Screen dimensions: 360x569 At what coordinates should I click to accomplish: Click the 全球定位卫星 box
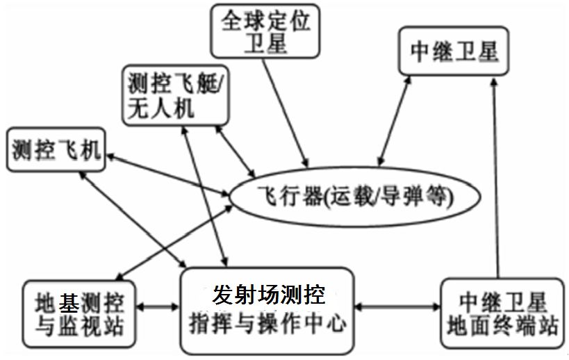[x=265, y=31]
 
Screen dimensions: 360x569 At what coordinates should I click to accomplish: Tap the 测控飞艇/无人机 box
[x=175, y=95]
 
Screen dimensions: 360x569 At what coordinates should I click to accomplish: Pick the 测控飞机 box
[x=56, y=149]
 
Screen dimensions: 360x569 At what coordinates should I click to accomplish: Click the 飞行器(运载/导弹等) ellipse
[x=354, y=197]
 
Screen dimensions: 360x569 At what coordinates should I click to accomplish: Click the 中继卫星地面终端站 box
[x=503, y=312]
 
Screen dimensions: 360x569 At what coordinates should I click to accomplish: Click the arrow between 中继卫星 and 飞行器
[x=393, y=126]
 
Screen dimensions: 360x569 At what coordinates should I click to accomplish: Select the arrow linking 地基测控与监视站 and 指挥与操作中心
[x=159, y=305]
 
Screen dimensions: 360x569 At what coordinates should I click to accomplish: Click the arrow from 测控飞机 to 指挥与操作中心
[x=135, y=220]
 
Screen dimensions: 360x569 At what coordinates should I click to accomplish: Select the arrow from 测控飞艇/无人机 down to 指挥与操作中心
[x=204, y=195]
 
